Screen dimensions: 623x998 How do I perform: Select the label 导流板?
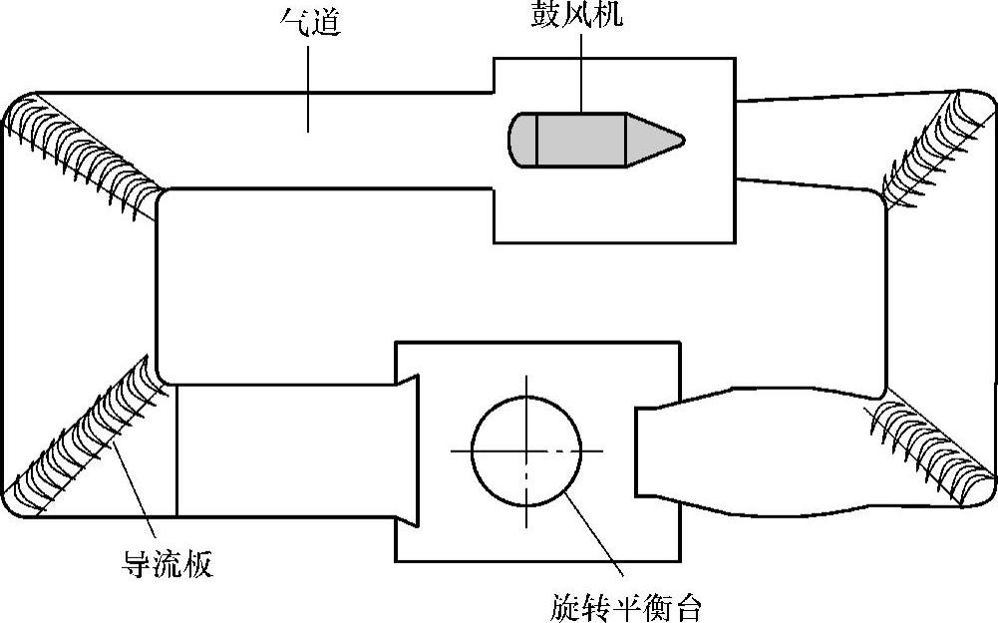point(166,566)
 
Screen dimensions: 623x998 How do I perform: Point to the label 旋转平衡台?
point(626,606)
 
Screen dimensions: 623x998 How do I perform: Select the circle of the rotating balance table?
point(526,451)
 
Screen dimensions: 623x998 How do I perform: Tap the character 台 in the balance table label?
point(688,606)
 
